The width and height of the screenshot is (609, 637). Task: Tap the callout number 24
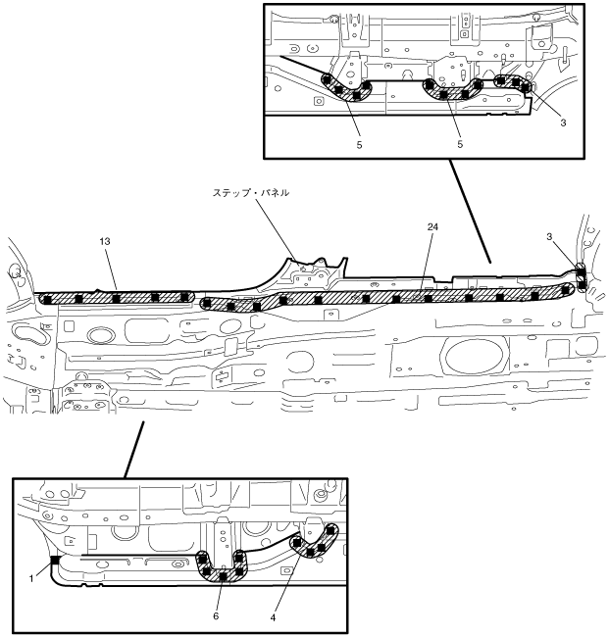pos(431,227)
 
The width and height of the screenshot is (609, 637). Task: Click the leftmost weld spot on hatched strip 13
pos(45,297)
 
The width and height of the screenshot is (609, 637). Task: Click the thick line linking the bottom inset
pos(134,449)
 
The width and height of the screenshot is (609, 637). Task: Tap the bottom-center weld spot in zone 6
pos(223,577)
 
